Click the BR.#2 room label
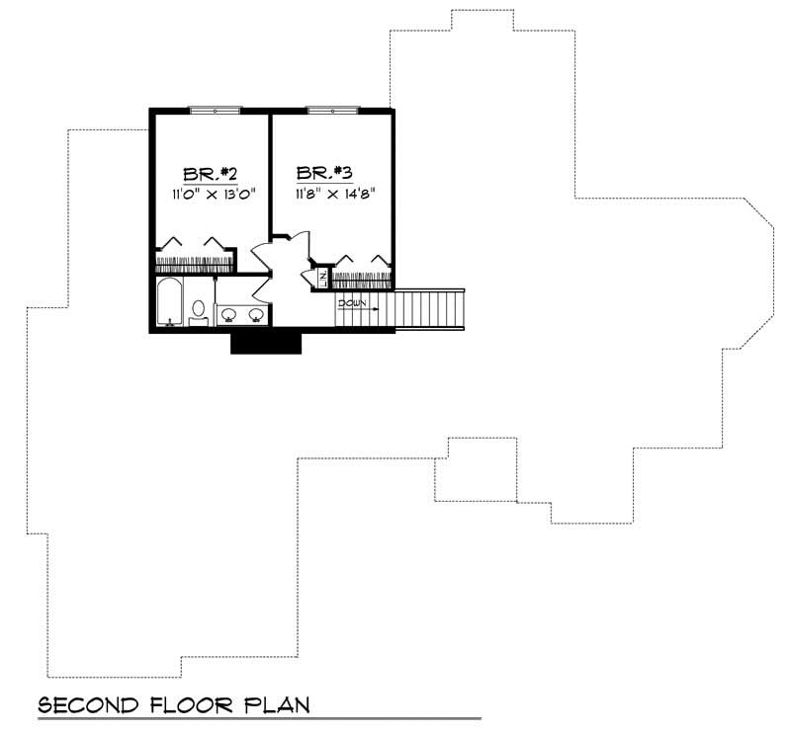pos(202,174)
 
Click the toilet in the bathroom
pos(198,310)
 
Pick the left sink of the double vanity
pos(228,315)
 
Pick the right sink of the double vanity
pos(256,315)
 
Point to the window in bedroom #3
pos(334,111)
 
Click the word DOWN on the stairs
pos(353,303)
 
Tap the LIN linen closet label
pos(321,278)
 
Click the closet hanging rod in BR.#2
pos(195,263)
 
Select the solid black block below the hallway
pos(265,342)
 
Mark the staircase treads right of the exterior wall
pos(430,309)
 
